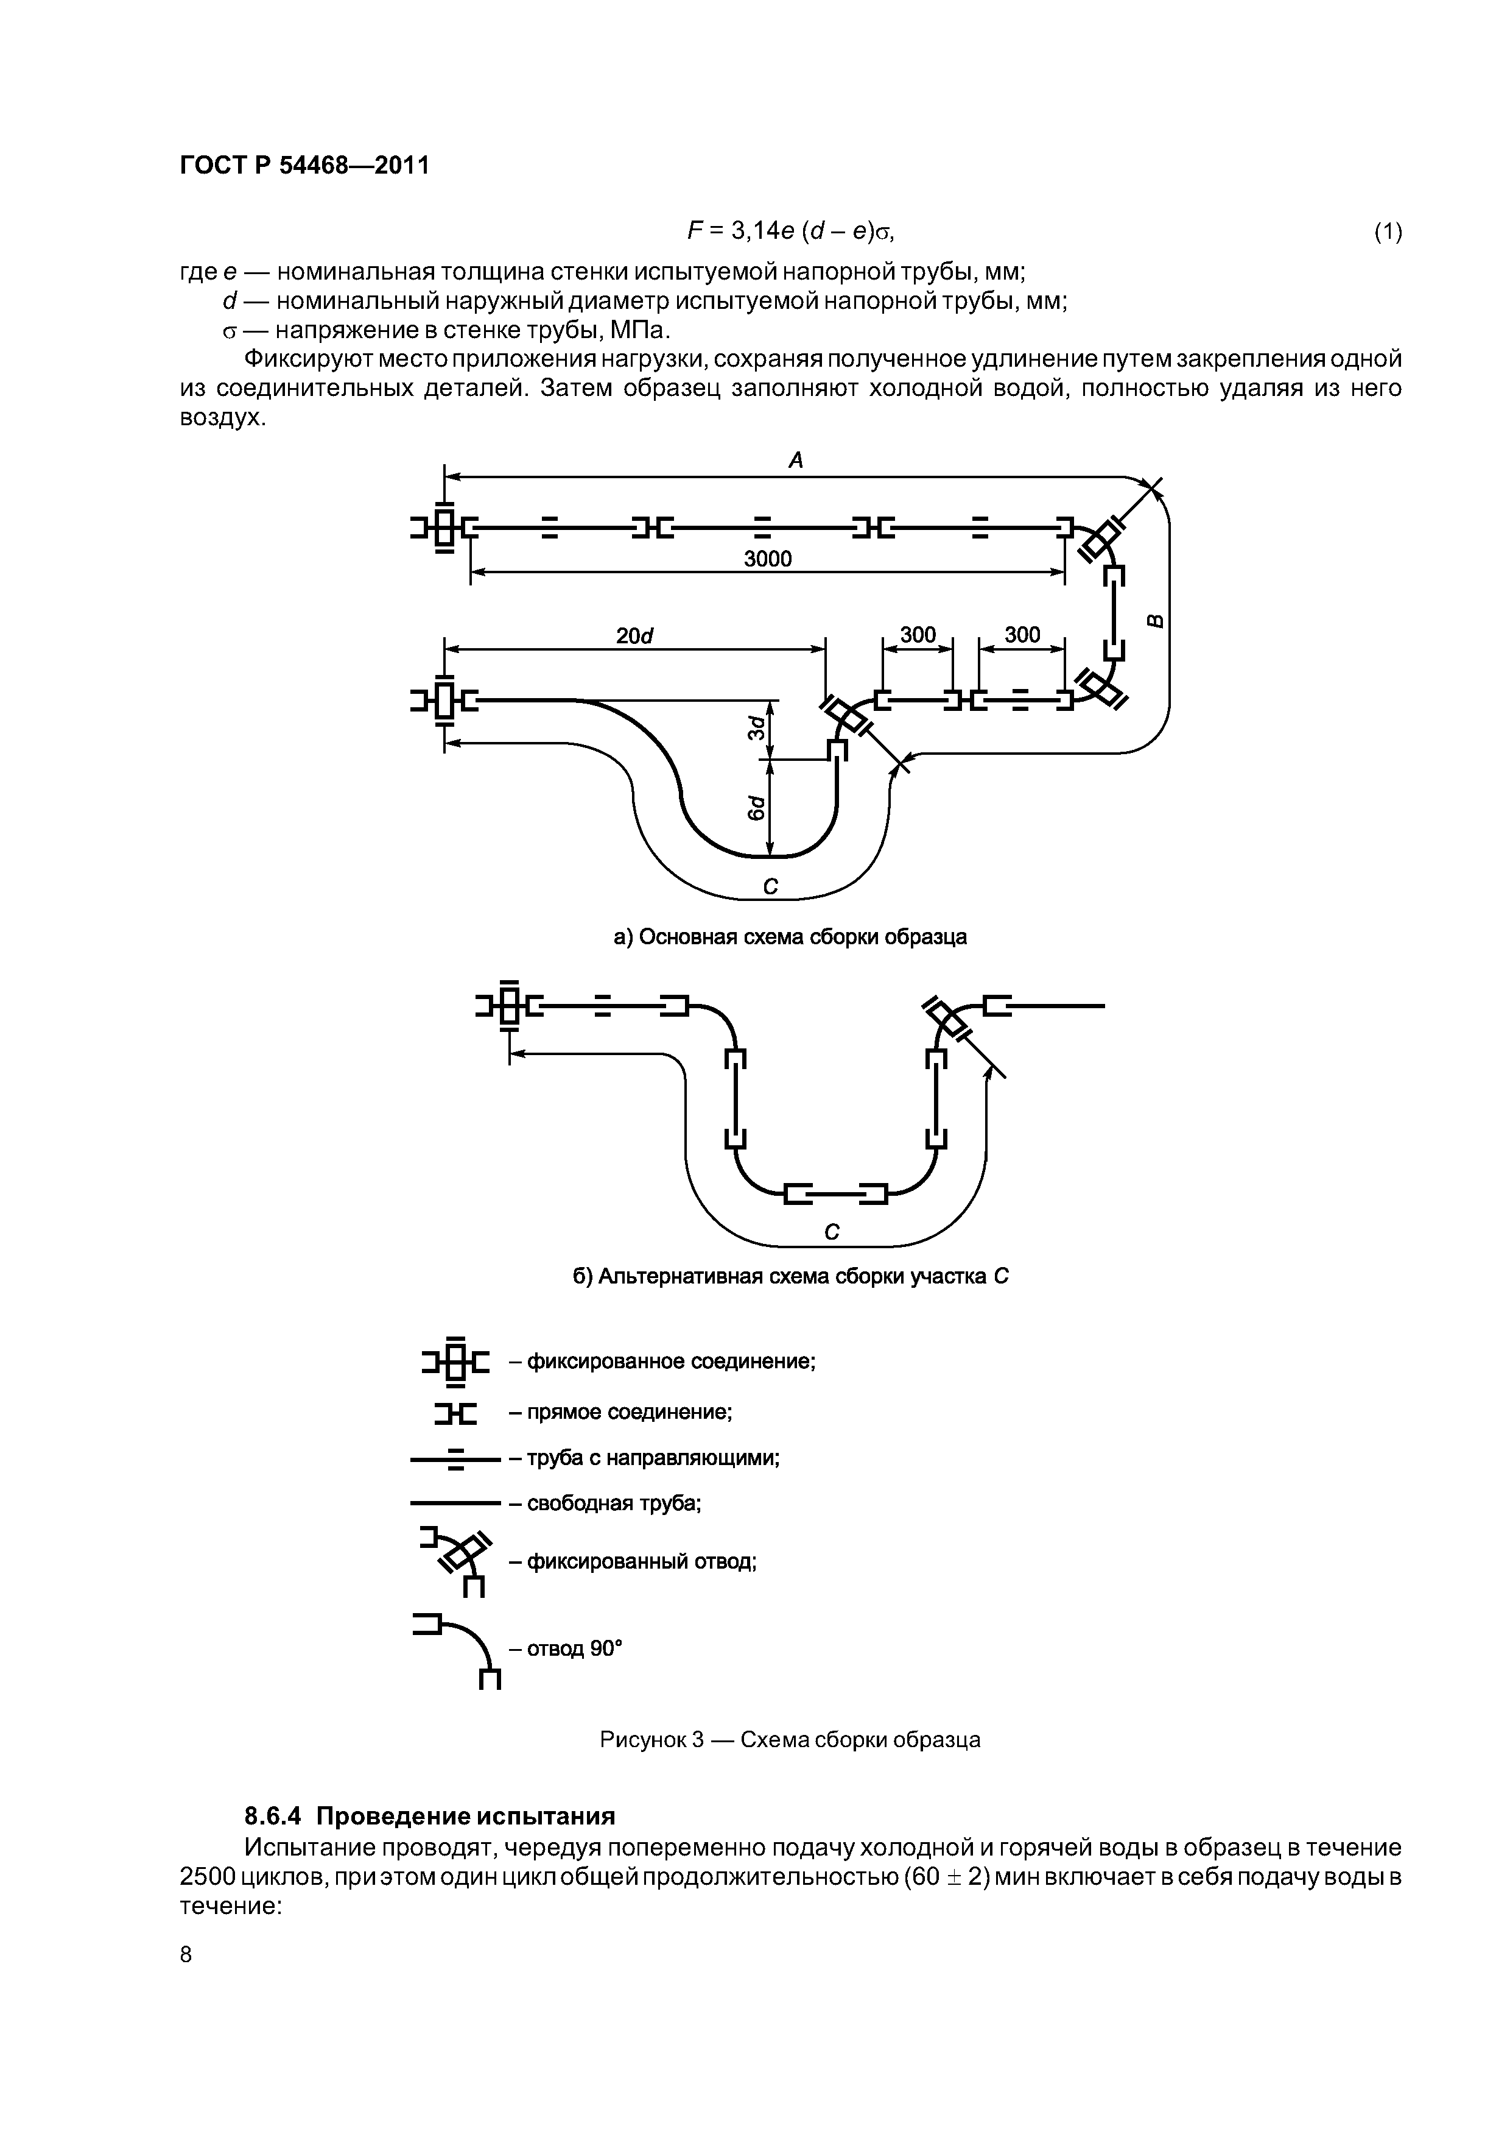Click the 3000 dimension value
coord(768,559)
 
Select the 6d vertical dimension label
coord(757,808)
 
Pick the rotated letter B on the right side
coord(1154,621)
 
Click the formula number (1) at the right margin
coord(1387,231)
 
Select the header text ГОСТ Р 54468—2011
coord(304,166)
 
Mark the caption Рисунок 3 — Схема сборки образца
coord(790,1740)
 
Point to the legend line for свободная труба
coord(455,1502)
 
